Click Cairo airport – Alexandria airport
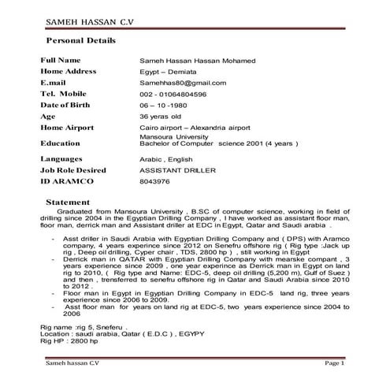[x=193, y=128]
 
